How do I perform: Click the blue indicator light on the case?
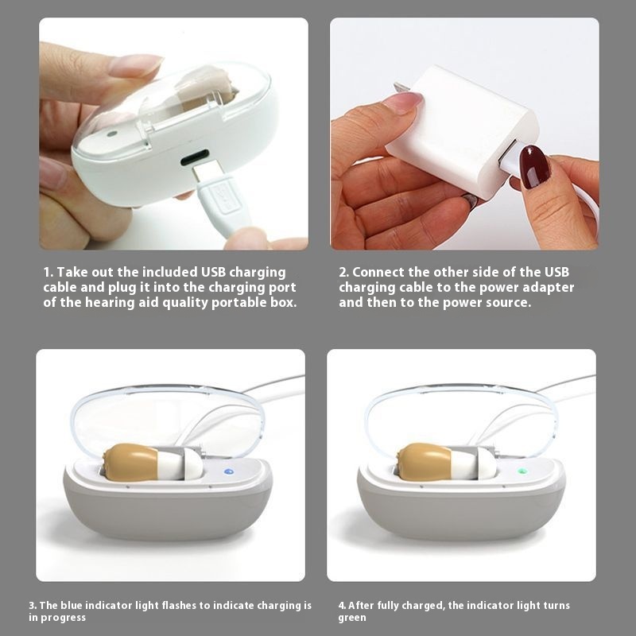point(229,471)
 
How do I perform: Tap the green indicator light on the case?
point(522,471)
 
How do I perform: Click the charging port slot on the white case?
point(195,157)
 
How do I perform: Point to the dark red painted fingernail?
point(534,167)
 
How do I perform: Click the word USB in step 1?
point(214,272)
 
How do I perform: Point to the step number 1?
point(48,272)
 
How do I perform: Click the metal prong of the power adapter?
point(400,87)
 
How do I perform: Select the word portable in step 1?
point(239,303)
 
